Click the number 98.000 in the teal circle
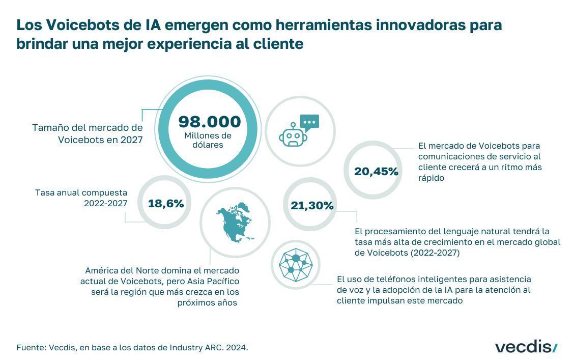pyautogui.click(x=209, y=122)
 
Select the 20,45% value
pyautogui.click(x=376, y=172)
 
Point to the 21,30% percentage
pyautogui.click(x=312, y=206)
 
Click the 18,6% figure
pyautogui.click(x=166, y=203)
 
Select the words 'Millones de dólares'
pyautogui.click(x=208, y=140)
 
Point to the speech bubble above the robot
pyautogui.click(x=309, y=122)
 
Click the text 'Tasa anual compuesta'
pyautogui.click(x=81, y=193)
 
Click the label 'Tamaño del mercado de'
pyautogui.click(x=88, y=128)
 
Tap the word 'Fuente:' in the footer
pyautogui.click(x=31, y=348)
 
